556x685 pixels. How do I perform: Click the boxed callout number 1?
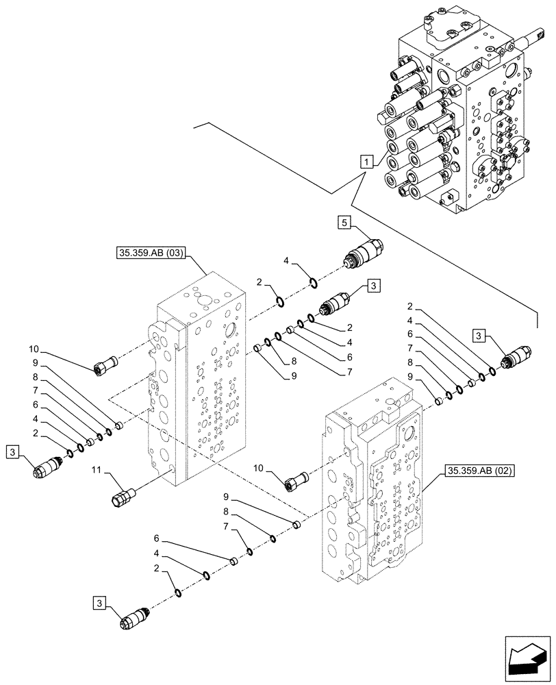[x=368, y=162]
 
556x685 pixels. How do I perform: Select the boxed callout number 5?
[x=345, y=222]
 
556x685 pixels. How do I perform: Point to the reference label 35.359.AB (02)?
[x=479, y=471]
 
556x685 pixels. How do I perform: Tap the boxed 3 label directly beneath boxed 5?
[x=374, y=285]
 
